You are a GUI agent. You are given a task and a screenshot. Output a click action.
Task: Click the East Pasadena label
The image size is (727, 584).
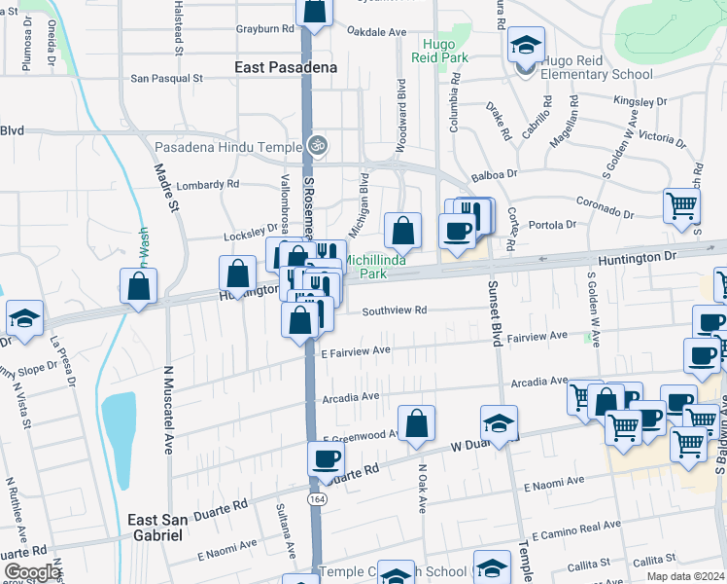(x=286, y=67)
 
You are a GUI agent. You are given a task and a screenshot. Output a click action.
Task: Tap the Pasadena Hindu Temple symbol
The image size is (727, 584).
(x=315, y=146)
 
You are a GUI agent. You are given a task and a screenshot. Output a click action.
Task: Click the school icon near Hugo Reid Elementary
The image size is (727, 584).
(x=525, y=45)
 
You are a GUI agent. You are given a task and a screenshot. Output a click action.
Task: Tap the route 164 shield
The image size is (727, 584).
(x=316, y=499)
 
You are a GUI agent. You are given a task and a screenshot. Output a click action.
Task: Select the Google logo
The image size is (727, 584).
(x=32, y=572)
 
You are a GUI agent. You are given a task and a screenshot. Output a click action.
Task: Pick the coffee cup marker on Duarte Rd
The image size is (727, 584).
(x=326, y=458)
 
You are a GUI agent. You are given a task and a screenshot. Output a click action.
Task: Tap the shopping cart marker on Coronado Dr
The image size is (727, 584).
(x=681, y=205)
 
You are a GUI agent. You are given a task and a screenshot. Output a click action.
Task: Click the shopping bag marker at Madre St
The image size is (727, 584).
(x=139, y=286)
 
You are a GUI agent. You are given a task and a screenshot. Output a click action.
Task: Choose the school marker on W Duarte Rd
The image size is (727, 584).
(x=499, y=424)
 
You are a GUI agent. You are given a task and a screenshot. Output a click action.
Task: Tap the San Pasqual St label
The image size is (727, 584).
(x=166, y=77)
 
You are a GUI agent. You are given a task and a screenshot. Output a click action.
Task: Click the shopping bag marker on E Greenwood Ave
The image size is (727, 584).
(x=416, y=423)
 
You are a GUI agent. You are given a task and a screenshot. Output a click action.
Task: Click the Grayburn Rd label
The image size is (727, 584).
(x=264, y=29)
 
